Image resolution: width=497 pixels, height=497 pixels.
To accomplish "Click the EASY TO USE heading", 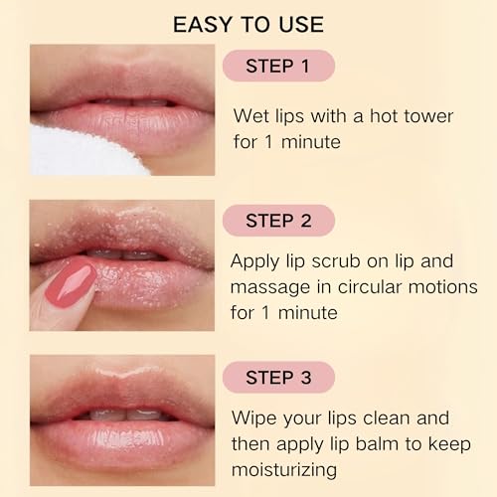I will (x=248, y=22).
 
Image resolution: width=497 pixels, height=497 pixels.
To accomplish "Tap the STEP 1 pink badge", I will (x=277, y=66).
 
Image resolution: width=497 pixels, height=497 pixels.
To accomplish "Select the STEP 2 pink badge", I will (x=277, y=220).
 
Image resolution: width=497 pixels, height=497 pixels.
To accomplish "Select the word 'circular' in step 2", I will (x=378, y=288).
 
